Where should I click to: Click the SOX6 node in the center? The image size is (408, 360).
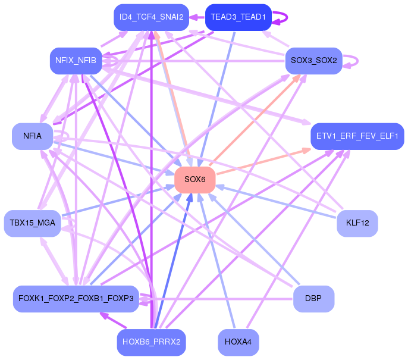point(195,180)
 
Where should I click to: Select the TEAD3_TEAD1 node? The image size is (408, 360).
point(238,17)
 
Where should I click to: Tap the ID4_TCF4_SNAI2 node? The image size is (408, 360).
point(152,17)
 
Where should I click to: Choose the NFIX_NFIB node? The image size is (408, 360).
point(76,61)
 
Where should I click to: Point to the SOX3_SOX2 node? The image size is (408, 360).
point(314,61)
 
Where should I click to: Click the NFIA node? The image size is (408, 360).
point(33,136)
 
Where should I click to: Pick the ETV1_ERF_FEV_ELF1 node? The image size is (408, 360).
point(357,136)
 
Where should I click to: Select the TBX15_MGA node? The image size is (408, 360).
point(33,223)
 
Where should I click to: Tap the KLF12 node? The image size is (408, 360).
point(357,223)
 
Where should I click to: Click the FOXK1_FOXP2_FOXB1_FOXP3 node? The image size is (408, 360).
point(76,299)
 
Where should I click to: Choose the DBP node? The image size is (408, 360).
point(313,299)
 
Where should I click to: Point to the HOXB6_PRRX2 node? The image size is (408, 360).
point(152,342)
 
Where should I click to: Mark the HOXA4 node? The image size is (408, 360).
point(238,342)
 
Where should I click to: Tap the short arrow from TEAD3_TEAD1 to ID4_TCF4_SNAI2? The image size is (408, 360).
point(197,17)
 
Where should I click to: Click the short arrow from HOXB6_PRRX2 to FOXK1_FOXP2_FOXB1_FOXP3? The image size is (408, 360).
point(114,320)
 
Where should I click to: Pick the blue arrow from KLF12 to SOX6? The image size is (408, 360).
point(277,202)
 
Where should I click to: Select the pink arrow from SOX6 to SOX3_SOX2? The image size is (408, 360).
point(255,120)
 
